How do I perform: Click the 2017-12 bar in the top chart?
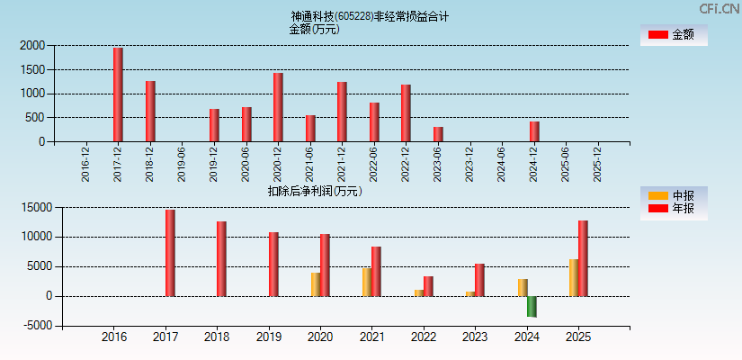[x=118, y=94]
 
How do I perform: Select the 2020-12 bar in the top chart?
[x=278, y=107]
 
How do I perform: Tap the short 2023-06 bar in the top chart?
[x=438, y=134]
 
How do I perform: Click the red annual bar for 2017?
[x=170, y=253]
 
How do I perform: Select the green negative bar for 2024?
[x=532, y=307]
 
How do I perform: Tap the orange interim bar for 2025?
[x=574, y=277]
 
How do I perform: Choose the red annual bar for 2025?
[x=583, y=258]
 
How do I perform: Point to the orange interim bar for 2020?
[x=316, y=284]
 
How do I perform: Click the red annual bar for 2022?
[x=428, y=286]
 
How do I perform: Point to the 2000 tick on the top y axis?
[x=31, y=45]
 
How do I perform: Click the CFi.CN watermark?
[x=720, y=8]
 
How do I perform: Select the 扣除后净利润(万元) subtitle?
[x=314, y=191]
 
